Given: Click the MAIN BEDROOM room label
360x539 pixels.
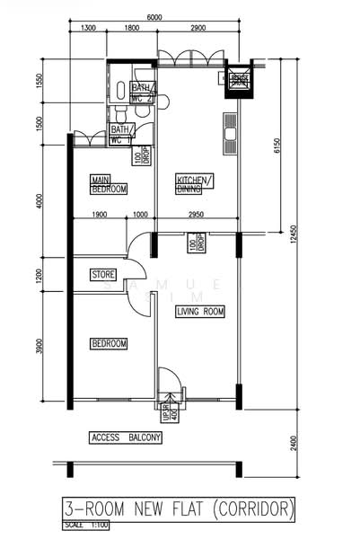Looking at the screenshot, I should [109, 184].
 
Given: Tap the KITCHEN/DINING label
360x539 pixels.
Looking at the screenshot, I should [195, 184].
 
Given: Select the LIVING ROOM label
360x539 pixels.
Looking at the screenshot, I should [200, 311].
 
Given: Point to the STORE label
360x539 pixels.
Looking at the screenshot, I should [103, 274].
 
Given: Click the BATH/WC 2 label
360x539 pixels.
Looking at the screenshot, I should [143, 93].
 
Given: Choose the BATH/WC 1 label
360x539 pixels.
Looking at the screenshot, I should [122, 134].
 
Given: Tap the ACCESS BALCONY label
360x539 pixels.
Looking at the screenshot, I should [126, 437].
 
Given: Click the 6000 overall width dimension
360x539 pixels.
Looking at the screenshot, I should [154, 18].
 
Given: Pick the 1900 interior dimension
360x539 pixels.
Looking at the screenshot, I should [100, 215].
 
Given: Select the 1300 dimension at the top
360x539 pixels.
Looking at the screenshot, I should [88, 29].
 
